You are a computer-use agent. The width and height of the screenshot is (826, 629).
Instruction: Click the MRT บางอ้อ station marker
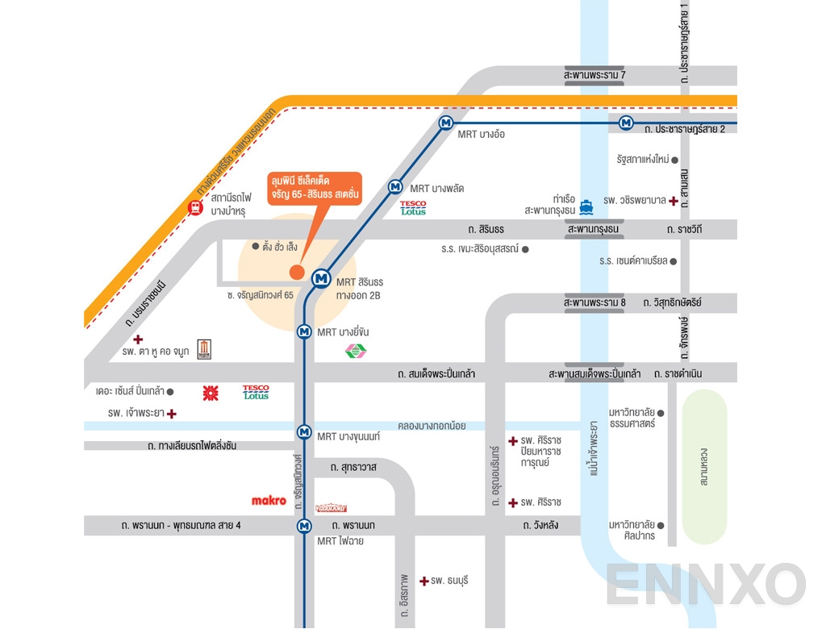(445, 123)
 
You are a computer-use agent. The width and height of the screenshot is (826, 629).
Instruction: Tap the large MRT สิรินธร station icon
(321, 278)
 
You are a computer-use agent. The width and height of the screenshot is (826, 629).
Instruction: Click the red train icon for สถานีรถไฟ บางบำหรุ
(195, 208)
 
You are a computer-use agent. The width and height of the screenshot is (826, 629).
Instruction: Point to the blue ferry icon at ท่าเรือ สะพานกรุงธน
(586, 205)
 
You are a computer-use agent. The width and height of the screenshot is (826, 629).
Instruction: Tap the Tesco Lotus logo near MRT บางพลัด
(413, 208)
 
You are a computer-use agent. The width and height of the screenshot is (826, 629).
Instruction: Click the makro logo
(269, 501)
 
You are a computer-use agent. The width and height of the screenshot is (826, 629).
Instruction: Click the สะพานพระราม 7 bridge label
(595, 75)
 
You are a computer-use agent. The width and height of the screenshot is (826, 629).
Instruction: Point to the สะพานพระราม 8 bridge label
(595, 302)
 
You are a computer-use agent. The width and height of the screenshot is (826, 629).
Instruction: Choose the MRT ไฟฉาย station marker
(304, 526)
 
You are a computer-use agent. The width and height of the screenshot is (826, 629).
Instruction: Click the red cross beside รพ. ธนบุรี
(423, 580)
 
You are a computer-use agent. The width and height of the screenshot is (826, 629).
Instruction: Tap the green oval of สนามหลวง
(704, 467)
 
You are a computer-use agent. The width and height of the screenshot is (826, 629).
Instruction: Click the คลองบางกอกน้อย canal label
(432, 425)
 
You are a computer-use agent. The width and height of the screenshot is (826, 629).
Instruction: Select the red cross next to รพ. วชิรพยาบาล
(674, 200)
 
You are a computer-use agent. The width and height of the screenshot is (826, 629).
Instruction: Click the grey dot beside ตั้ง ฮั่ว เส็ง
(256, 246)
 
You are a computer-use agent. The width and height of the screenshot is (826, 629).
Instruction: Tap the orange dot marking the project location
(297, 273)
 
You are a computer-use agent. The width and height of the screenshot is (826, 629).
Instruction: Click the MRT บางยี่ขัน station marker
(304, 331)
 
